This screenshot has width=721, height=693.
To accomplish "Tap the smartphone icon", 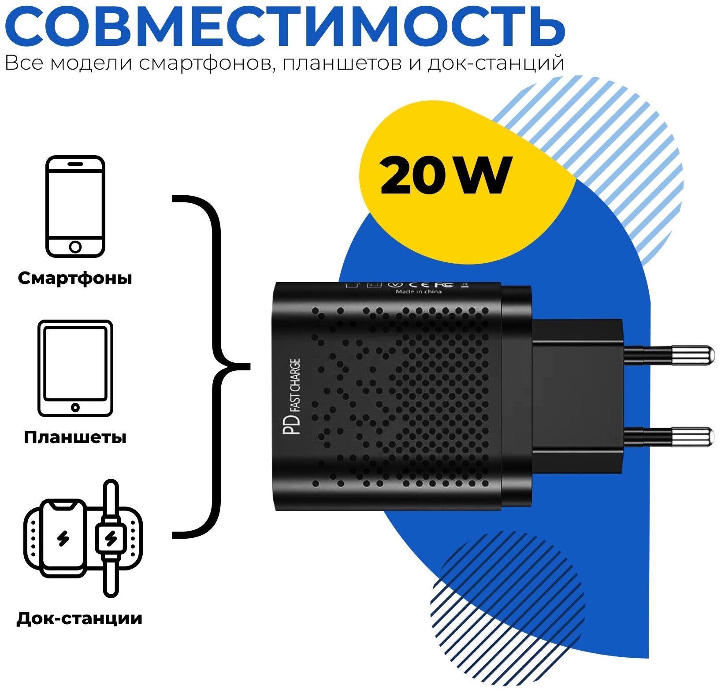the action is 75,206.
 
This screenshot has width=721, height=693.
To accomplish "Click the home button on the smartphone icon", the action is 75,246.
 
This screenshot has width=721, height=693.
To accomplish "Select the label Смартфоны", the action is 75,278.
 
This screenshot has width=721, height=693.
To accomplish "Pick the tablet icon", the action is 75,368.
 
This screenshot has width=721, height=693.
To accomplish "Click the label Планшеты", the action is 75,437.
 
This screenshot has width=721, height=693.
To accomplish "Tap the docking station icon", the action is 83,538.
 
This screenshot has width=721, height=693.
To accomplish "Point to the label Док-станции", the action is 79,618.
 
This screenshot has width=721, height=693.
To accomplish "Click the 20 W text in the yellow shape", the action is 445,176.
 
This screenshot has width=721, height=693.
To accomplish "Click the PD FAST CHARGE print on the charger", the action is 292,396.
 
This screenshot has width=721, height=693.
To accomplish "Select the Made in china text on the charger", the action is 418,291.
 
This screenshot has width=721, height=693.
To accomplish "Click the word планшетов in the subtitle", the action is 342,63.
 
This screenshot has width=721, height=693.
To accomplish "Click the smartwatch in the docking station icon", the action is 111,538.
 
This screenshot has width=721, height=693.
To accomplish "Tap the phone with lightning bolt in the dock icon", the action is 64,538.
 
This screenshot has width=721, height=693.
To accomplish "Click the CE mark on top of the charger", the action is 419,285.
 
